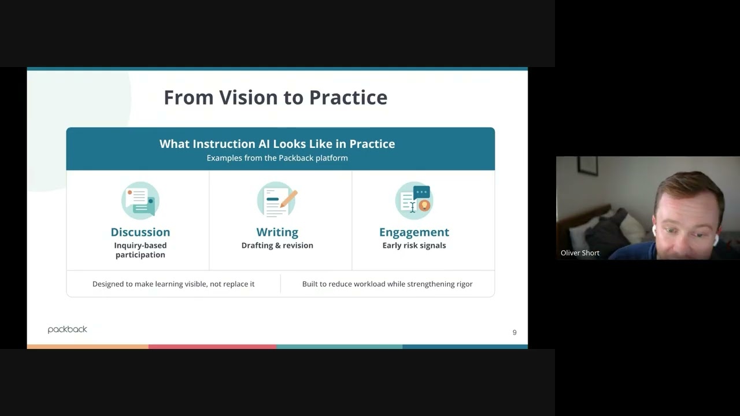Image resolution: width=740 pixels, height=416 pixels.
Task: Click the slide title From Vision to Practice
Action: (x=275, y=97)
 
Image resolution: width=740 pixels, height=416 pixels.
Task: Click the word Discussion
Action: (x=140, y=232)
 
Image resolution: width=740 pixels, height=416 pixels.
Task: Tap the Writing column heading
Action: (x=277, y=232)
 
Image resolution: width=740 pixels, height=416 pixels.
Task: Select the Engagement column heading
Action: (x=414, y=232)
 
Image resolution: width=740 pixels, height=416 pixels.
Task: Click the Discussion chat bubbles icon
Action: (x=140, y=200)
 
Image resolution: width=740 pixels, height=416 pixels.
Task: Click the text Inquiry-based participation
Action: (x=140, y=250)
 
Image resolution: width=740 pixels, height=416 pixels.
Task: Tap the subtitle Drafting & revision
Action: (x=277, y=246)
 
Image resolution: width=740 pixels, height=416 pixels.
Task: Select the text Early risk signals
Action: (x=414, y=246)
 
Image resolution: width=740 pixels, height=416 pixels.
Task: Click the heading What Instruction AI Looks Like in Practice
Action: (x=277, y=144)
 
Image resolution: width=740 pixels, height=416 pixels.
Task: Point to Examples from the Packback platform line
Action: (x=277, y=158)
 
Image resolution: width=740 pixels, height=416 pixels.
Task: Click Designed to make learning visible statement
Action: (x=173, y=284)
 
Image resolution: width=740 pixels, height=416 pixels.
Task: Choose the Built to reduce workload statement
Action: (x=387, y=284)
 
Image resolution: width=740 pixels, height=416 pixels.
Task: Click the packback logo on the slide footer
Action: (x=67, y=329)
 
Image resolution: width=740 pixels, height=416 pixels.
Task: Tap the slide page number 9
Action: (x=515, y=332)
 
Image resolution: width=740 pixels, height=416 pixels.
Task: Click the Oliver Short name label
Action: (x=580, y=253)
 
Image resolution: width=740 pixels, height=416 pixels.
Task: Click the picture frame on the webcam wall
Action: (x=587, y=166)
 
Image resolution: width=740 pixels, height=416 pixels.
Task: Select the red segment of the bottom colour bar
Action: (x=212, y=347)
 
